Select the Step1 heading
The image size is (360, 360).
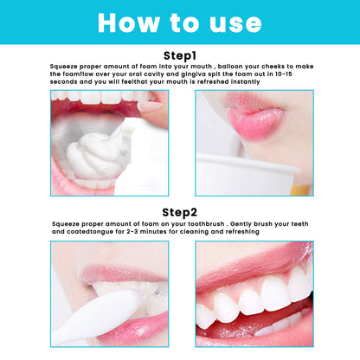[180, 55]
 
